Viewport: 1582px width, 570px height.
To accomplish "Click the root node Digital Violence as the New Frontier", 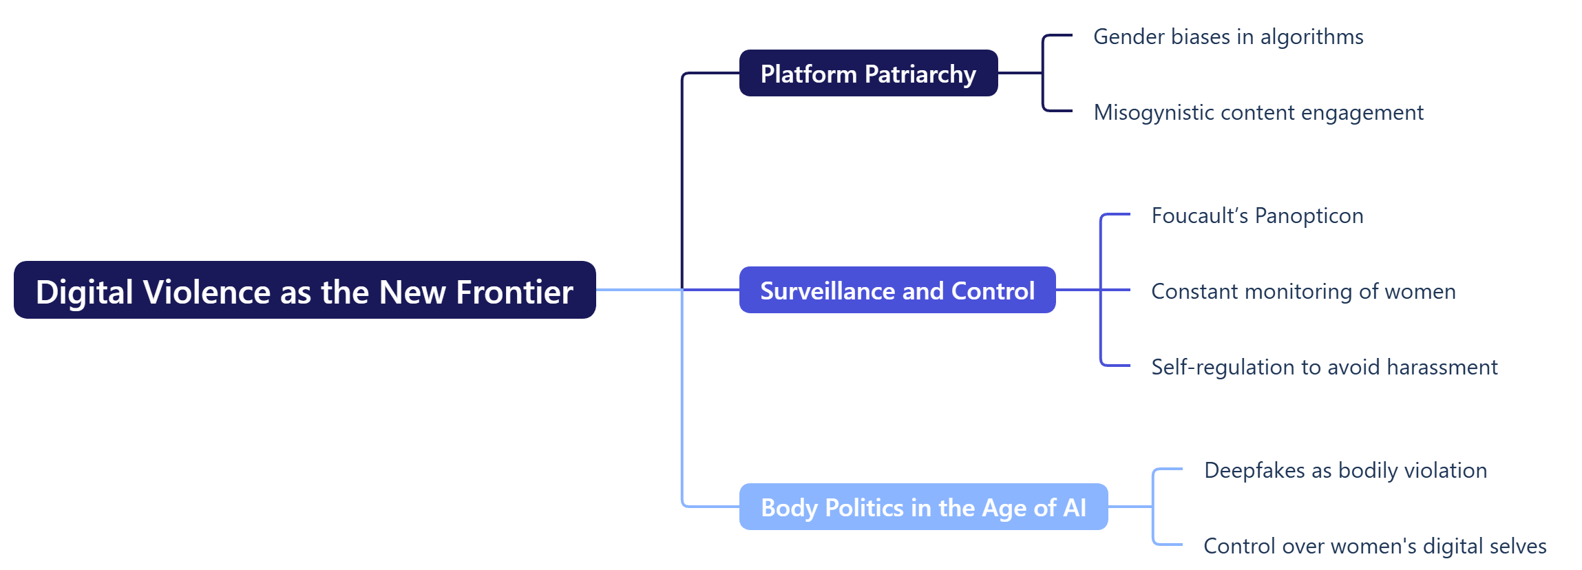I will click(x=304, y=291).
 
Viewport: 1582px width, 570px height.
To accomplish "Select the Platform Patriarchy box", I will click(x=868, y=74).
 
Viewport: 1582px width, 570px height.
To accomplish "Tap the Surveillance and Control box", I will click(x=897, y=291).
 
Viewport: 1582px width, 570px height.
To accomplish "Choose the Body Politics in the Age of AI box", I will click(x=923, y=507).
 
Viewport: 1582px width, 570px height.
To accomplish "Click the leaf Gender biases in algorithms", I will click(x=1228, y=36).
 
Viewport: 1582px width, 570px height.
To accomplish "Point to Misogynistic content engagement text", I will click(x=1258, y=112).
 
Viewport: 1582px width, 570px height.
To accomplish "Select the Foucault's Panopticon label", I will click(x=1257, y=215).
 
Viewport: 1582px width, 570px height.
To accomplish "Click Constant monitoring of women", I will click(x=1303, y=291).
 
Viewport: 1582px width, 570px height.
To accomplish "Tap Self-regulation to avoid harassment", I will click(x=1324, y=367).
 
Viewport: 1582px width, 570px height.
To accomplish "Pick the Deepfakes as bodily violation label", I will click(x=1345, y=470).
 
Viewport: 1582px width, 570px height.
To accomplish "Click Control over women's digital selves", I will click(x=1375, y=546).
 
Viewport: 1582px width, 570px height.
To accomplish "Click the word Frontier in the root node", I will click(x=514, y=292).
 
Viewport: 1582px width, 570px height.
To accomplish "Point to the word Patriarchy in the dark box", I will click(x=920, y=74).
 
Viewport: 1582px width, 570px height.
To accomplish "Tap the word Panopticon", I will click(x=1309, y=216).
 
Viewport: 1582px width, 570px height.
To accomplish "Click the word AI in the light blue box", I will click(x=1075, y=508).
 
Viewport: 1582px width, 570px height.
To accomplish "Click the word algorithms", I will click(x=1311, y=37).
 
